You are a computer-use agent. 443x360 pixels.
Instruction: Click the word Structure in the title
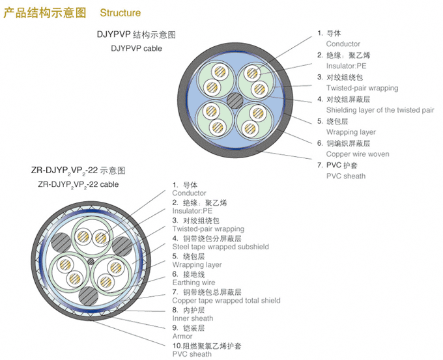tap(120, 13)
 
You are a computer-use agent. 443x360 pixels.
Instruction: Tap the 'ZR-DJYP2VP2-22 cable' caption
tap(79, 184)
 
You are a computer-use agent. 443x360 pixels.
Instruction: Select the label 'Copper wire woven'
tap(358, 154)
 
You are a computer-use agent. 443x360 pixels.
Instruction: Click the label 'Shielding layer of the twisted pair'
tap(380, 110)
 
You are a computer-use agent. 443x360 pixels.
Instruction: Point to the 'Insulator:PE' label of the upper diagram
tap(346, 66)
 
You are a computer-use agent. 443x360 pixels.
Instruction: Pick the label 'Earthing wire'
tap(193, 283)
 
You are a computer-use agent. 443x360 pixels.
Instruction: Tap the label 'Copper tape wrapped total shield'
tap(226, 301)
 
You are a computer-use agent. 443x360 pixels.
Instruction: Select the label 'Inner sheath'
tap(192, 318)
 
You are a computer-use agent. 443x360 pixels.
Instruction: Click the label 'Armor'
tap(182, 337)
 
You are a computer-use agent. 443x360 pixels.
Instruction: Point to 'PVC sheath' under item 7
tap(346, 176)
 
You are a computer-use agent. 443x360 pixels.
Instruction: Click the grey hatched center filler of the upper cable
tap(235, 100)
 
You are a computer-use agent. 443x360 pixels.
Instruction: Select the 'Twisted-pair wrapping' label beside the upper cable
tap(362, 88)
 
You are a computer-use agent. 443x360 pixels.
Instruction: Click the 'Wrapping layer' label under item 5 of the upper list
tap(351, 132)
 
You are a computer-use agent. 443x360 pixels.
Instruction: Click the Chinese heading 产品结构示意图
tap(45, 13)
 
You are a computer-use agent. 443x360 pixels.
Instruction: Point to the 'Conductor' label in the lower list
tap(189, 193)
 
